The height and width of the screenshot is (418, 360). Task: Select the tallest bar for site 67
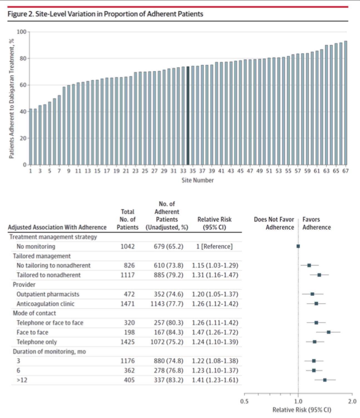tap(346, 103)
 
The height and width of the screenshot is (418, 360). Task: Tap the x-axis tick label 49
tap(259, 171)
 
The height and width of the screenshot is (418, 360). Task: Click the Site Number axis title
tap(198, 180)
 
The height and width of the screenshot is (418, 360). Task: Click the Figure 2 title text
tap(105, 14)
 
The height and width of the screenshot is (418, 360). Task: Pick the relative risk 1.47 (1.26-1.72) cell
tap(215, 332)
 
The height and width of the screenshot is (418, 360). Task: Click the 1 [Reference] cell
tap(214, 246)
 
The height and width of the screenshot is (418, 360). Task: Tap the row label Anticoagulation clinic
tap(45, 303)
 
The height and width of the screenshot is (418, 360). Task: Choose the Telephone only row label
tap(37, 342)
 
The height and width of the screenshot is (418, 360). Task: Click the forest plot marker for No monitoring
tap(298, 246)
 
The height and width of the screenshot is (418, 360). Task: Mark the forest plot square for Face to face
tap(329, 332)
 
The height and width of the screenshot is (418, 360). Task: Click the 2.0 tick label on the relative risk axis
tap(352, 401)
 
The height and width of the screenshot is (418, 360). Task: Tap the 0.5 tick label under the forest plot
tap(244, 401)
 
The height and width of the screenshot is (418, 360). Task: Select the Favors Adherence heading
tap(316, 223)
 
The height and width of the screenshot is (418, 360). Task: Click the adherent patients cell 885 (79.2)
tap(169, 275)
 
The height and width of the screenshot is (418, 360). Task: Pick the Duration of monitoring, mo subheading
tap(49, 352)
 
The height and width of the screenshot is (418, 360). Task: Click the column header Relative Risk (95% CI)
tap(214, 223)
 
